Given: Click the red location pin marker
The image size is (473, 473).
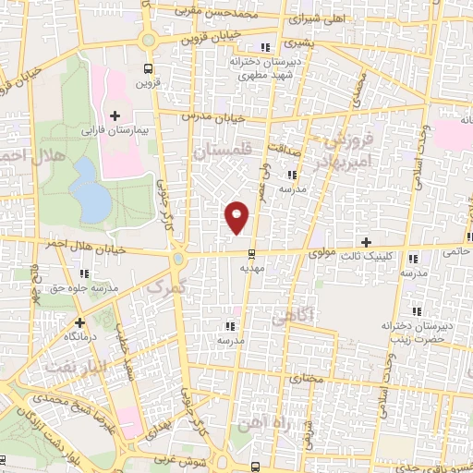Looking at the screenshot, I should click(x=237, y=216).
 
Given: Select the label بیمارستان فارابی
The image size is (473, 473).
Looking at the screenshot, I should click(x=115, y=132).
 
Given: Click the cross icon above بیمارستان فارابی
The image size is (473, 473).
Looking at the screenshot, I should click(x=115, y=115).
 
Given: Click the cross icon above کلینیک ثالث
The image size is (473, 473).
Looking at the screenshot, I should click(x=367, y=240).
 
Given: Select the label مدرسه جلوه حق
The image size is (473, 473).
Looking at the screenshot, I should click(x=85, y=288).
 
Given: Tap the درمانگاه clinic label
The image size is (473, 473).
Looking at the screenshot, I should click(x=80, y=338).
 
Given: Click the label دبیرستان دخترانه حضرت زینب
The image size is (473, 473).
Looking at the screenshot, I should click(x=416, y=334).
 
